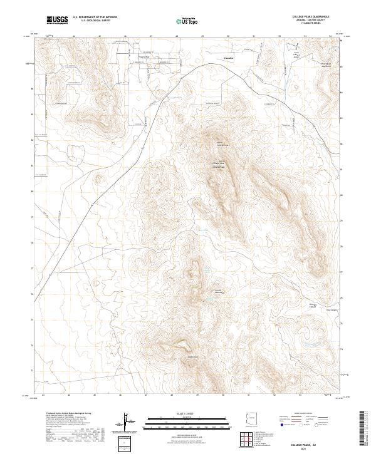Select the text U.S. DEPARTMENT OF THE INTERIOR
pos(95,18)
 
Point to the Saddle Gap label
pos(192,358)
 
